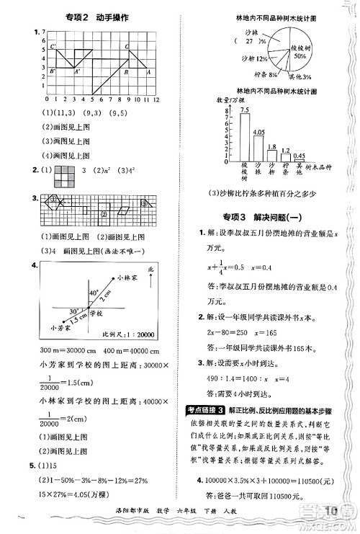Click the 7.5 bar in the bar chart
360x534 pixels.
tap(246, 136)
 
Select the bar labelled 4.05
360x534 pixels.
tap(259, 146)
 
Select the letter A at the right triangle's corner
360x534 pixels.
tap(148, 71)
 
